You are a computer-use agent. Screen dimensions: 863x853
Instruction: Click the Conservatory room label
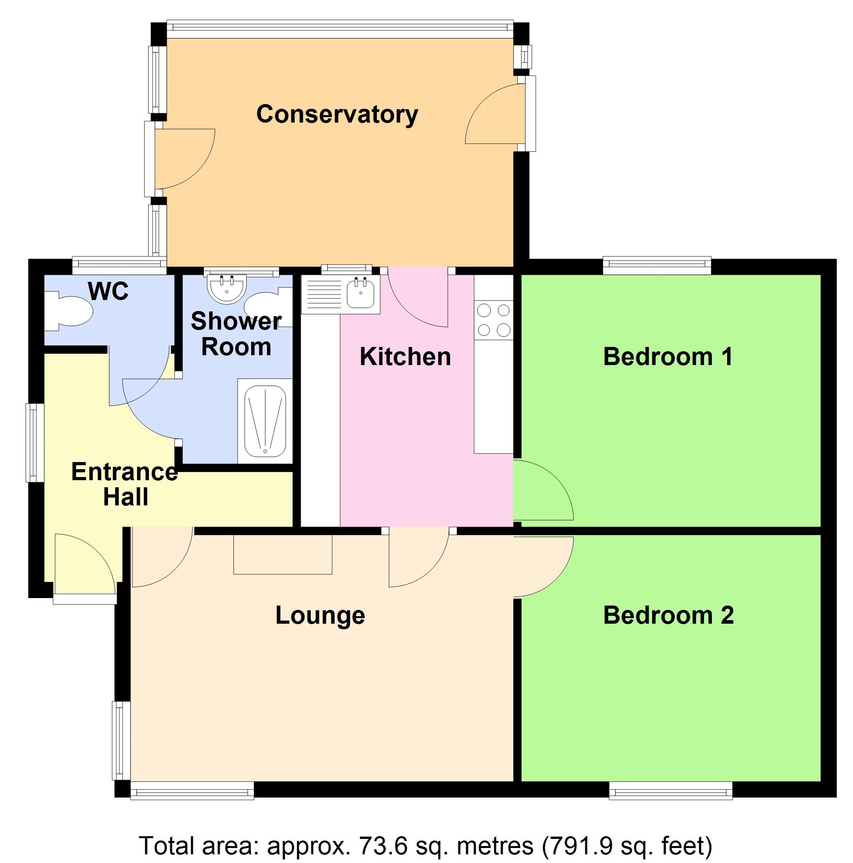point(337,114)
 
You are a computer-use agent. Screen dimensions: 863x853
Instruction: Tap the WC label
point(108,291)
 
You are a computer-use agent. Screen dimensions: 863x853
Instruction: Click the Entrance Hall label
point(125,484)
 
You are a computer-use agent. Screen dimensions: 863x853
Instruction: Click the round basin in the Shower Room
point(226,288)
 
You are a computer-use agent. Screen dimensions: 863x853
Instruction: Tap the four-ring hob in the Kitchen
point(494,320)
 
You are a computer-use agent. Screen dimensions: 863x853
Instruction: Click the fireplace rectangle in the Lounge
point(283,554)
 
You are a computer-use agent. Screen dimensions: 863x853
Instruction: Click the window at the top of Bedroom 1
point(656,265)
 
